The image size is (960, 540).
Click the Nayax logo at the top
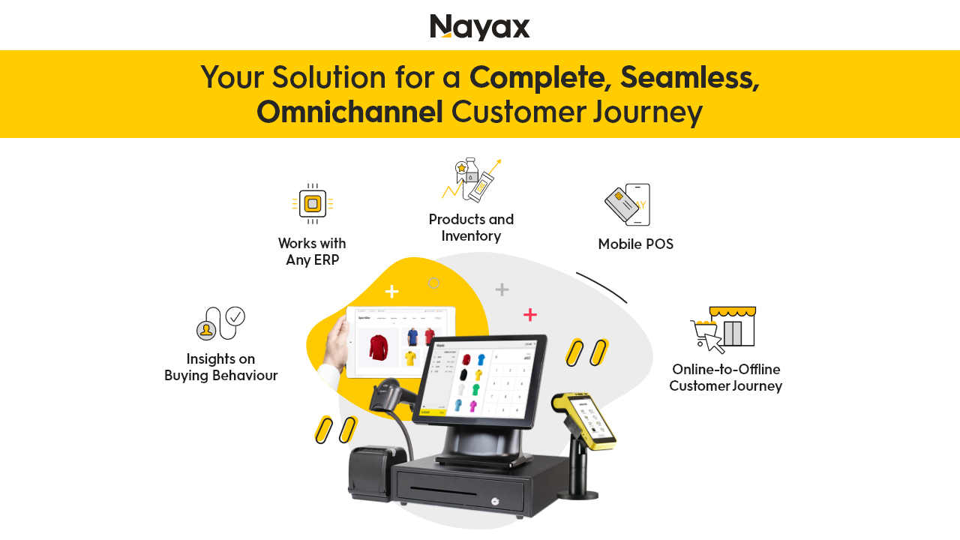pos(480,27)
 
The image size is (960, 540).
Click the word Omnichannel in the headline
pos(349,112)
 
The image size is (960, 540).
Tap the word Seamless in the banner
pos(689,77)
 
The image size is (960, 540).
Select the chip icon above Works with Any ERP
pos(313,203)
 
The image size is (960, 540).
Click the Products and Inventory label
pos(471,227)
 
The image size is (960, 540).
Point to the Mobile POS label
pos(635,244)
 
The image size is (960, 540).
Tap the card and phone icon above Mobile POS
pos(628,204)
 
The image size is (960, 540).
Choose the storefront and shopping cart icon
pos(723,329)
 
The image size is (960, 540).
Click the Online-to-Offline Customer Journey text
pos(725,377)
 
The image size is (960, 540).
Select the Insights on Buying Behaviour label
pos(221,367)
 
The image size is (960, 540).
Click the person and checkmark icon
pos(220,323)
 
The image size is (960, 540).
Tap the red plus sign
pos(530,314)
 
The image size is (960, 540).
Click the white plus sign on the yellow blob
pos(391,291)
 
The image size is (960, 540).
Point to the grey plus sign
pos(502,289)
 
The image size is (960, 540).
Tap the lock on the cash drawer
pos(494,501)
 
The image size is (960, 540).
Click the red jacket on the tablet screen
pos(379,347)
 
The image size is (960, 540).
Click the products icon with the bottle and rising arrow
pos(472,180)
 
